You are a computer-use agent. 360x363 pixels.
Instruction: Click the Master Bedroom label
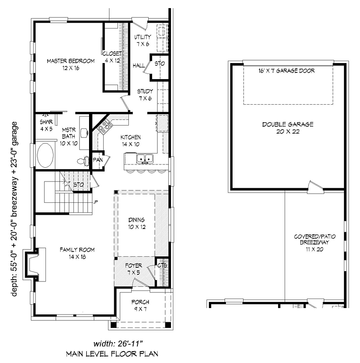pyautogui.click(x=71, y=64)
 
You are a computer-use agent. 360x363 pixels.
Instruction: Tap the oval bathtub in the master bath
pyautogui.click(x=45, y=155)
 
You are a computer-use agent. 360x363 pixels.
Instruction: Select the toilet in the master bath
pyautogui.click(x=81, y=161)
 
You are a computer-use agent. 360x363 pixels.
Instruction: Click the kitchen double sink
pyautogui.click(x=145, y=159)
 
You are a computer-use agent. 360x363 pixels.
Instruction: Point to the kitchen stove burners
pyautogui.click(x=105, y=127)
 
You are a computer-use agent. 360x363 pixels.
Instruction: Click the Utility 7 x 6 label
pyautogui.click(x=143, y=40)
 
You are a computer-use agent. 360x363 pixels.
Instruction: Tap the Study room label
pyautogui.click(x=145, y=95)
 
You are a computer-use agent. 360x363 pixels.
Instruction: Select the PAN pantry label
pyautogui.click(x=98, y=160)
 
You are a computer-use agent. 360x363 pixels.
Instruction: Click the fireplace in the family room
pyautogui.click(x=35, y=264)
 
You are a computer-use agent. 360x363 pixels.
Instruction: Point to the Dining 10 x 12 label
pyautogui.click(x=137, y=223)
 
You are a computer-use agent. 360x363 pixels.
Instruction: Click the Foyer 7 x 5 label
pyautogui.click(x=134, y=269)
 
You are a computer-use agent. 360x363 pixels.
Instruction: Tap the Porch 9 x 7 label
pyautogui.click(x=140, y=305)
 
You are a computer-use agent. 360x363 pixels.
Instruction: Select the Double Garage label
pyautogui.click(x=288, y=128)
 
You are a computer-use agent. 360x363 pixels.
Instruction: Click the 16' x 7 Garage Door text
pyautogui.click(x=287, y=71)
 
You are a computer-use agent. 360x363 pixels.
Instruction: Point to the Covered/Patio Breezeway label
pyautogui.click(x=315, y=243)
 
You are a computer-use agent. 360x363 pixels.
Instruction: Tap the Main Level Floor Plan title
pyautogui.click(x=112, y=354)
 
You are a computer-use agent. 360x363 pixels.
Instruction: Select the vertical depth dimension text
pyautogui.click(x=14, y=209)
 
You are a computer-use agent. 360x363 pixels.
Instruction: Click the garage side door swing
pyautogui.click(x=315, y=187)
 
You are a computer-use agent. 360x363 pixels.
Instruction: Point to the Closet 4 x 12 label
pyautogui.click(x=113, y=57)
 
